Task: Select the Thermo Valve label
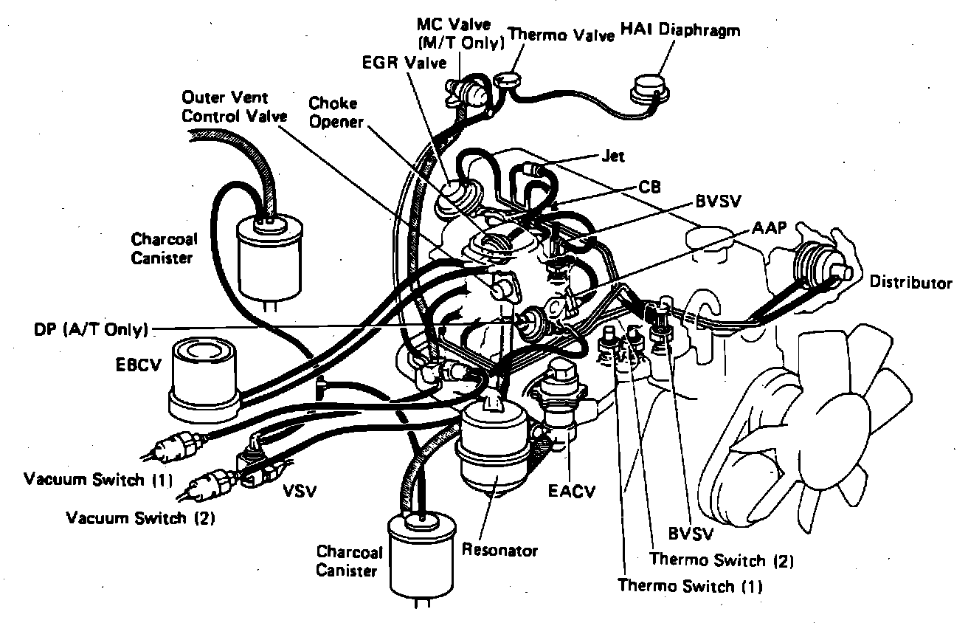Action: click(562, 35)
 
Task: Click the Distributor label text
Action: click(910, 282)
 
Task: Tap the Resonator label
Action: click(499, 551)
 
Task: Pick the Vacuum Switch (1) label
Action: click(98, 480)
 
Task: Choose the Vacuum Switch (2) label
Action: click(140, 517)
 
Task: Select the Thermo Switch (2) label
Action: click(722, 560)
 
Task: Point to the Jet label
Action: click(613, 156)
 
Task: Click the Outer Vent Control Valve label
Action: click(226, 106)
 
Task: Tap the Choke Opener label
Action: click(336, 112)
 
